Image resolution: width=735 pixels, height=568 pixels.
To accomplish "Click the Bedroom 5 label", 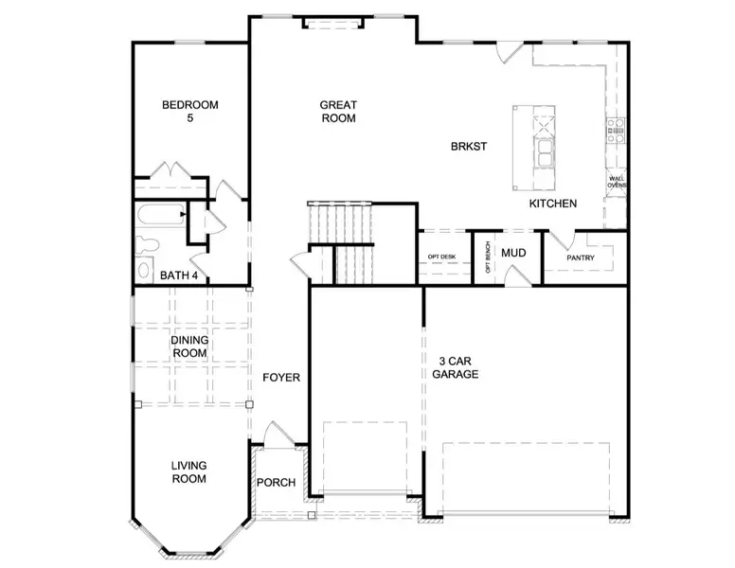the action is [189, 111].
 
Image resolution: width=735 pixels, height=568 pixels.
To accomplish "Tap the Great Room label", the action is [338, 112].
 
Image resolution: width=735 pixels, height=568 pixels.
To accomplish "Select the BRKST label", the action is [469, 146].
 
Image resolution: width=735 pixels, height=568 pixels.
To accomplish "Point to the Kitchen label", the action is [552, 204].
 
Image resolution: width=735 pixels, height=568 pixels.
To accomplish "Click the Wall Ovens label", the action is [617, 182].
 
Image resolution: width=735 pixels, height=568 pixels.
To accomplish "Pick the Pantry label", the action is [581, 257].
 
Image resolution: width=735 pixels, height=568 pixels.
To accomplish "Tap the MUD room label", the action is [513, 253].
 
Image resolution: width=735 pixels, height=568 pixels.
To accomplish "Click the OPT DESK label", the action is [441, 257].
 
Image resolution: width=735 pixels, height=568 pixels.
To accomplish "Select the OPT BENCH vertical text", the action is [488, 257].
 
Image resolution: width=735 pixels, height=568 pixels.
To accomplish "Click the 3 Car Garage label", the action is [456, 368].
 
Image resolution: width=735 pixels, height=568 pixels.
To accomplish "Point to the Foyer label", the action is [281, 378].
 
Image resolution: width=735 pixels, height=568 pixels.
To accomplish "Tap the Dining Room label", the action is [189, 346].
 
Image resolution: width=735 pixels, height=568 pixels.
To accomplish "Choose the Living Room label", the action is [188, 472].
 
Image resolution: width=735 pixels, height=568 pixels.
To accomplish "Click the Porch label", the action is [276, 482].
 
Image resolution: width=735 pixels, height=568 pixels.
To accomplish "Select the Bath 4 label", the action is [179, 275].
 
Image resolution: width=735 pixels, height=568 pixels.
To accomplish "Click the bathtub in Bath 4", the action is [161, 214].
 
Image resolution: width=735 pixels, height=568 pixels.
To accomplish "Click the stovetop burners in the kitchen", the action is [616, 131].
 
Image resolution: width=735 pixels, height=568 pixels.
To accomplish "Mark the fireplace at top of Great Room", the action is [332, 23].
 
